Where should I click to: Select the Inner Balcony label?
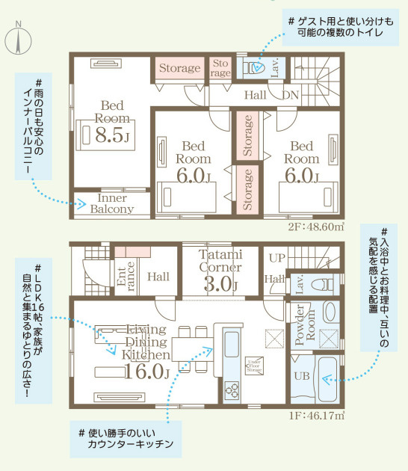click(x=112, y=203)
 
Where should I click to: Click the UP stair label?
click(x=276, y=256)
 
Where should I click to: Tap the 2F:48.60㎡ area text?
click(x=316, y=226)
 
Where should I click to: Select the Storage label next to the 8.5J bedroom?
click(x=179, y=69)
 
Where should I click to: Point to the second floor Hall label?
click(x=255, y=95)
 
